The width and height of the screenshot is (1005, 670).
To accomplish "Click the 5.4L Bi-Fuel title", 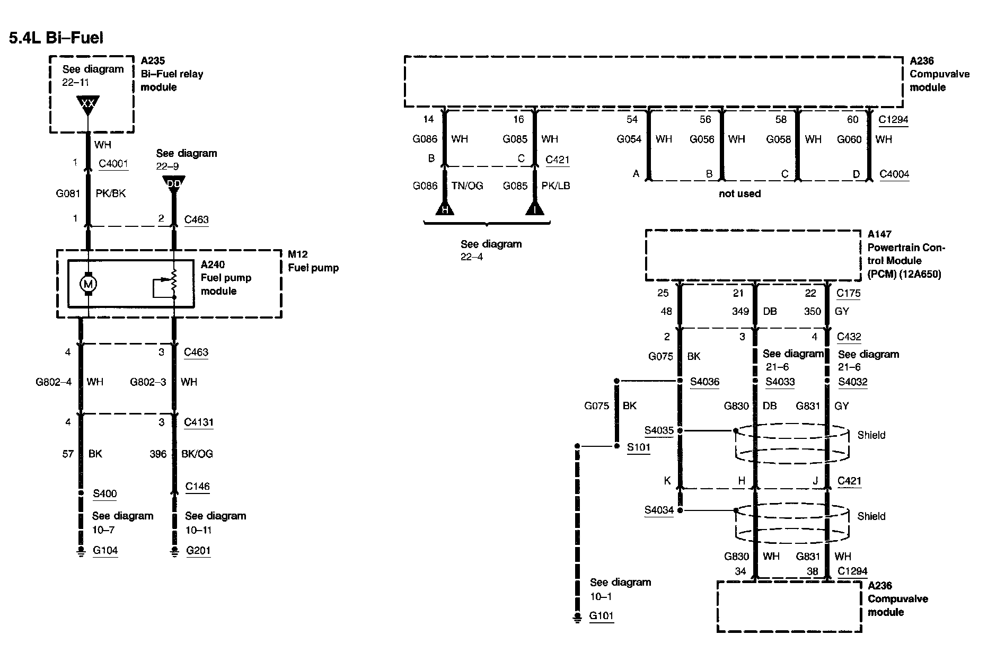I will pos(56,38).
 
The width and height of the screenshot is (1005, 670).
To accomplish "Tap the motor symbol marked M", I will pos(88,285).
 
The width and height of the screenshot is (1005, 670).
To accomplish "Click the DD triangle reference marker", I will pos(174,183).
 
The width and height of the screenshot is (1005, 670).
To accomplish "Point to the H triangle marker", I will pos(445,209).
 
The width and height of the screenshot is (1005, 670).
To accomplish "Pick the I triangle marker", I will pos(535,209).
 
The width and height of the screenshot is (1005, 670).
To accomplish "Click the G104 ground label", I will pos(105,550).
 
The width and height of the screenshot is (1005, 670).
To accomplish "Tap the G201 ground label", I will pos(198,550).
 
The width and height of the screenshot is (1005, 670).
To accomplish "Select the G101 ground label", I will pos(601,616).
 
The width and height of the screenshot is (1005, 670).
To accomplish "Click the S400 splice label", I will pos(104,493).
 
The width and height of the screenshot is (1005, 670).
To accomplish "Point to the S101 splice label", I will pos(638,447).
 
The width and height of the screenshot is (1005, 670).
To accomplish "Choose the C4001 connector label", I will pos(113,164).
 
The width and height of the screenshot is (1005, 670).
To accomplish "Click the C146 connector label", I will pos(197,486).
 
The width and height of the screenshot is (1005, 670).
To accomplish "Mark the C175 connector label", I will pos(848,293).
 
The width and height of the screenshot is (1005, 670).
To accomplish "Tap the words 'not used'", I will pos(739,194).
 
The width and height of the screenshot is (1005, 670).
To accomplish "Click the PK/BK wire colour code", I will pos(111,193).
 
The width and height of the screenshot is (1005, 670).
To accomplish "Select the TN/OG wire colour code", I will pos(467,186).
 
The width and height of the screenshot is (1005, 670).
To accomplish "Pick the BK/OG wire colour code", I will pos(197,454).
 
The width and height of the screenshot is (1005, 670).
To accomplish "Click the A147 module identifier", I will pos(879,234).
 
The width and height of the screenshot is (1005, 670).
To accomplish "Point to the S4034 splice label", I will pos(659,510).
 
